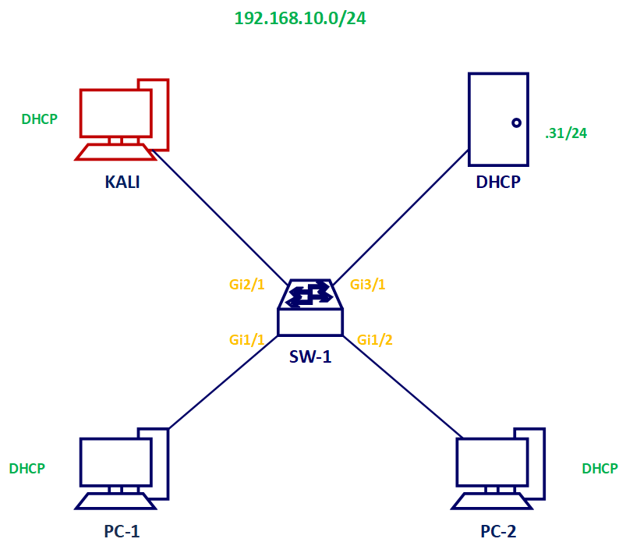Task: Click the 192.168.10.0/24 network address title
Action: point(300,19)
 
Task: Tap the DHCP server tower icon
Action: point(498,118)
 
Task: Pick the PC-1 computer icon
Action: point(122,468)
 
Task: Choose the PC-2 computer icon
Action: point(499,468)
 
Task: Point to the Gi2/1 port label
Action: point(247,285)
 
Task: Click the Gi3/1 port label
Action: point(368,285)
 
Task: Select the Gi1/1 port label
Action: point(247,339)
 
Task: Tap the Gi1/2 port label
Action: point(374,339)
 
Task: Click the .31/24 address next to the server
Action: point(566,133)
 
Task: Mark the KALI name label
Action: point(122,183)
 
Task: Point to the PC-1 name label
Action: point(122,532)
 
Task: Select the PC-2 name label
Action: point(498,532)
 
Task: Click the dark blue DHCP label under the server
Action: point(498,183)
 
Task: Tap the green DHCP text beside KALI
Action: point(39,119)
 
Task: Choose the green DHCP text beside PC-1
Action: point(27,469)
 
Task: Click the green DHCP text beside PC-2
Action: point(599,469)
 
